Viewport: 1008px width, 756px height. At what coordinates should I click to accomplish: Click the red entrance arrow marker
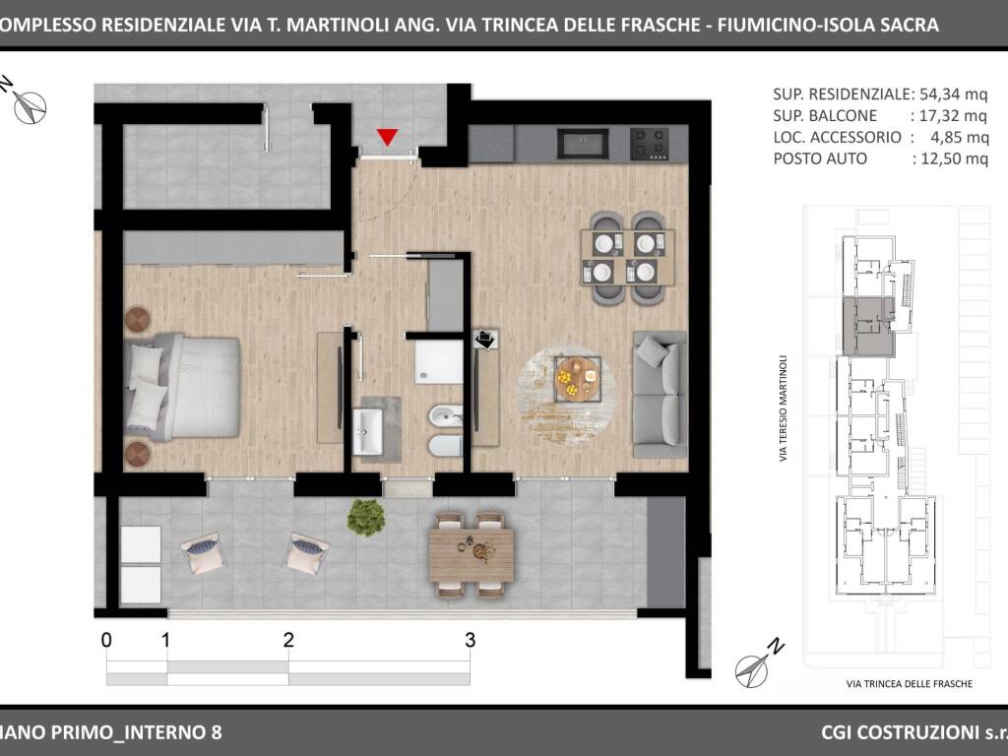[x=387, y=137]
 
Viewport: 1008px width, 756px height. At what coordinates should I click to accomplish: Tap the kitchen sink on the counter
[x=583, y=144]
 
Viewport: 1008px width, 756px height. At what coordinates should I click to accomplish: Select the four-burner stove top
[x=650, y=144]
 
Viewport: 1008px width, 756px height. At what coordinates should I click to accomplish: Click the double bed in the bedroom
[x=182, y=386]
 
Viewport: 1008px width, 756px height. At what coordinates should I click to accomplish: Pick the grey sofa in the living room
[x=661, y=394]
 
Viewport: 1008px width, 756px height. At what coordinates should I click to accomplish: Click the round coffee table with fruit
[x=577, y=379]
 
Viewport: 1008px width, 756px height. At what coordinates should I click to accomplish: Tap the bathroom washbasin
[x=368, y=431]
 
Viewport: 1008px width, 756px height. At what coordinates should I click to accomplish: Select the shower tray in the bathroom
[x=439, y=362]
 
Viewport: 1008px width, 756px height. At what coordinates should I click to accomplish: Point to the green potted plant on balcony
[x=366, y=517]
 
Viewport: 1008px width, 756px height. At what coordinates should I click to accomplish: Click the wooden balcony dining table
[x=472, y=554]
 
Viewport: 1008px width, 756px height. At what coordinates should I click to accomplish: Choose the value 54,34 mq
[x=953, y=94]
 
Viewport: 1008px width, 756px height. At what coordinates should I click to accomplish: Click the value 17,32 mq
[x=953, y=116]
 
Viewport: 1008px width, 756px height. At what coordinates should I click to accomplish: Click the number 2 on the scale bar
[x=288, y=640]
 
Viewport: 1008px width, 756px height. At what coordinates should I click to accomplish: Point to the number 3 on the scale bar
[x=471, y=640]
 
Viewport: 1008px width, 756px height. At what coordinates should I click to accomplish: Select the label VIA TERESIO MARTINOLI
[x=783, y=409]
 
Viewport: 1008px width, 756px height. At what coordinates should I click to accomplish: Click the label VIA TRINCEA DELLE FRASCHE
[x=910, y=684]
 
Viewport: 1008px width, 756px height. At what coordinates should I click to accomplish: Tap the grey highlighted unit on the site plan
[x=868, y=327]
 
